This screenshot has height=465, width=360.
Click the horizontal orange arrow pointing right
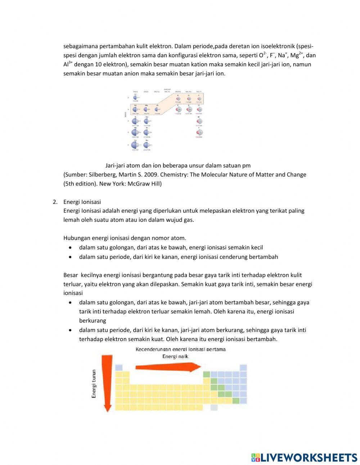(x=167, y=367)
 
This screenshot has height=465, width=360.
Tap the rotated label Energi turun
(x=94, y=384)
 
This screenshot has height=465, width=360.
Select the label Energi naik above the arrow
(x=175, y=356)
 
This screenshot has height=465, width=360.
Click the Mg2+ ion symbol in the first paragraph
(x=297, y=55)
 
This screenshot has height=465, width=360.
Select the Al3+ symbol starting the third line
(x=68, y=64)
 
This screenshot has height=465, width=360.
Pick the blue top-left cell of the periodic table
(x=119, y=367)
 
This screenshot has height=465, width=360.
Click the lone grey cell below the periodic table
(x=214, y=407)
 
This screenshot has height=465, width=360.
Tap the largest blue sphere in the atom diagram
(x=135, y=144)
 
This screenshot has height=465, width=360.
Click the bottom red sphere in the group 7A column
(x=199, y=133)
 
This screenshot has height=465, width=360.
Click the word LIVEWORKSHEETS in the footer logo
(x=308, y=457)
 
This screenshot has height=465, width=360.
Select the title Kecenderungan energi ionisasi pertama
(x=181, y=349)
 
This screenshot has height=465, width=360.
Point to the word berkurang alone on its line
(x=93, y=321)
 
